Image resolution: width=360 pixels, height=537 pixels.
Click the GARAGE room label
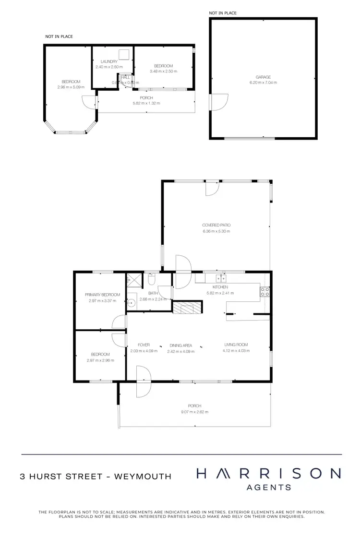tap(263, 77)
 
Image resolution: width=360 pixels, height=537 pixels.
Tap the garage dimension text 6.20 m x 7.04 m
tap(263, 83)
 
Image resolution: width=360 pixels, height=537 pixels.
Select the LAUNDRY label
tap(109, 61)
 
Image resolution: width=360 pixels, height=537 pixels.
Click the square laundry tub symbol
tap(125, 54)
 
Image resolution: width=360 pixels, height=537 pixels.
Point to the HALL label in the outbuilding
tap(126, 77)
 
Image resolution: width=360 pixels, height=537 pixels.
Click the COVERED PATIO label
tap(216, 225)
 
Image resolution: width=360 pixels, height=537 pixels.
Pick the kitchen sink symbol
tap(221, 278)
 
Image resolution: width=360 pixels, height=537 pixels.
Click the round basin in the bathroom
tap(131, 303)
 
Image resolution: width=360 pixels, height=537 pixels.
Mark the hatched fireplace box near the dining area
tap(184, 308)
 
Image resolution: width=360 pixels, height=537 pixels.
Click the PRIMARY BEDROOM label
tap(102, 295)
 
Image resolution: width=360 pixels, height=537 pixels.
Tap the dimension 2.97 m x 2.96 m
tap(100, 360)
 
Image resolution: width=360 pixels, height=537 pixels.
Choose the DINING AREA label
tap(180, 345)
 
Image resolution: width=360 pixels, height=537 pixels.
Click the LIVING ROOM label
tap(236, 345)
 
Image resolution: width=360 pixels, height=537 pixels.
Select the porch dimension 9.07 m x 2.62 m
tap(195, 412)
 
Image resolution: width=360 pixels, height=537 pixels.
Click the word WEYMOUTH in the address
tap(143, 477)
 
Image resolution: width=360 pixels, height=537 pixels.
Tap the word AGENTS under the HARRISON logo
tap(268, 487)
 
